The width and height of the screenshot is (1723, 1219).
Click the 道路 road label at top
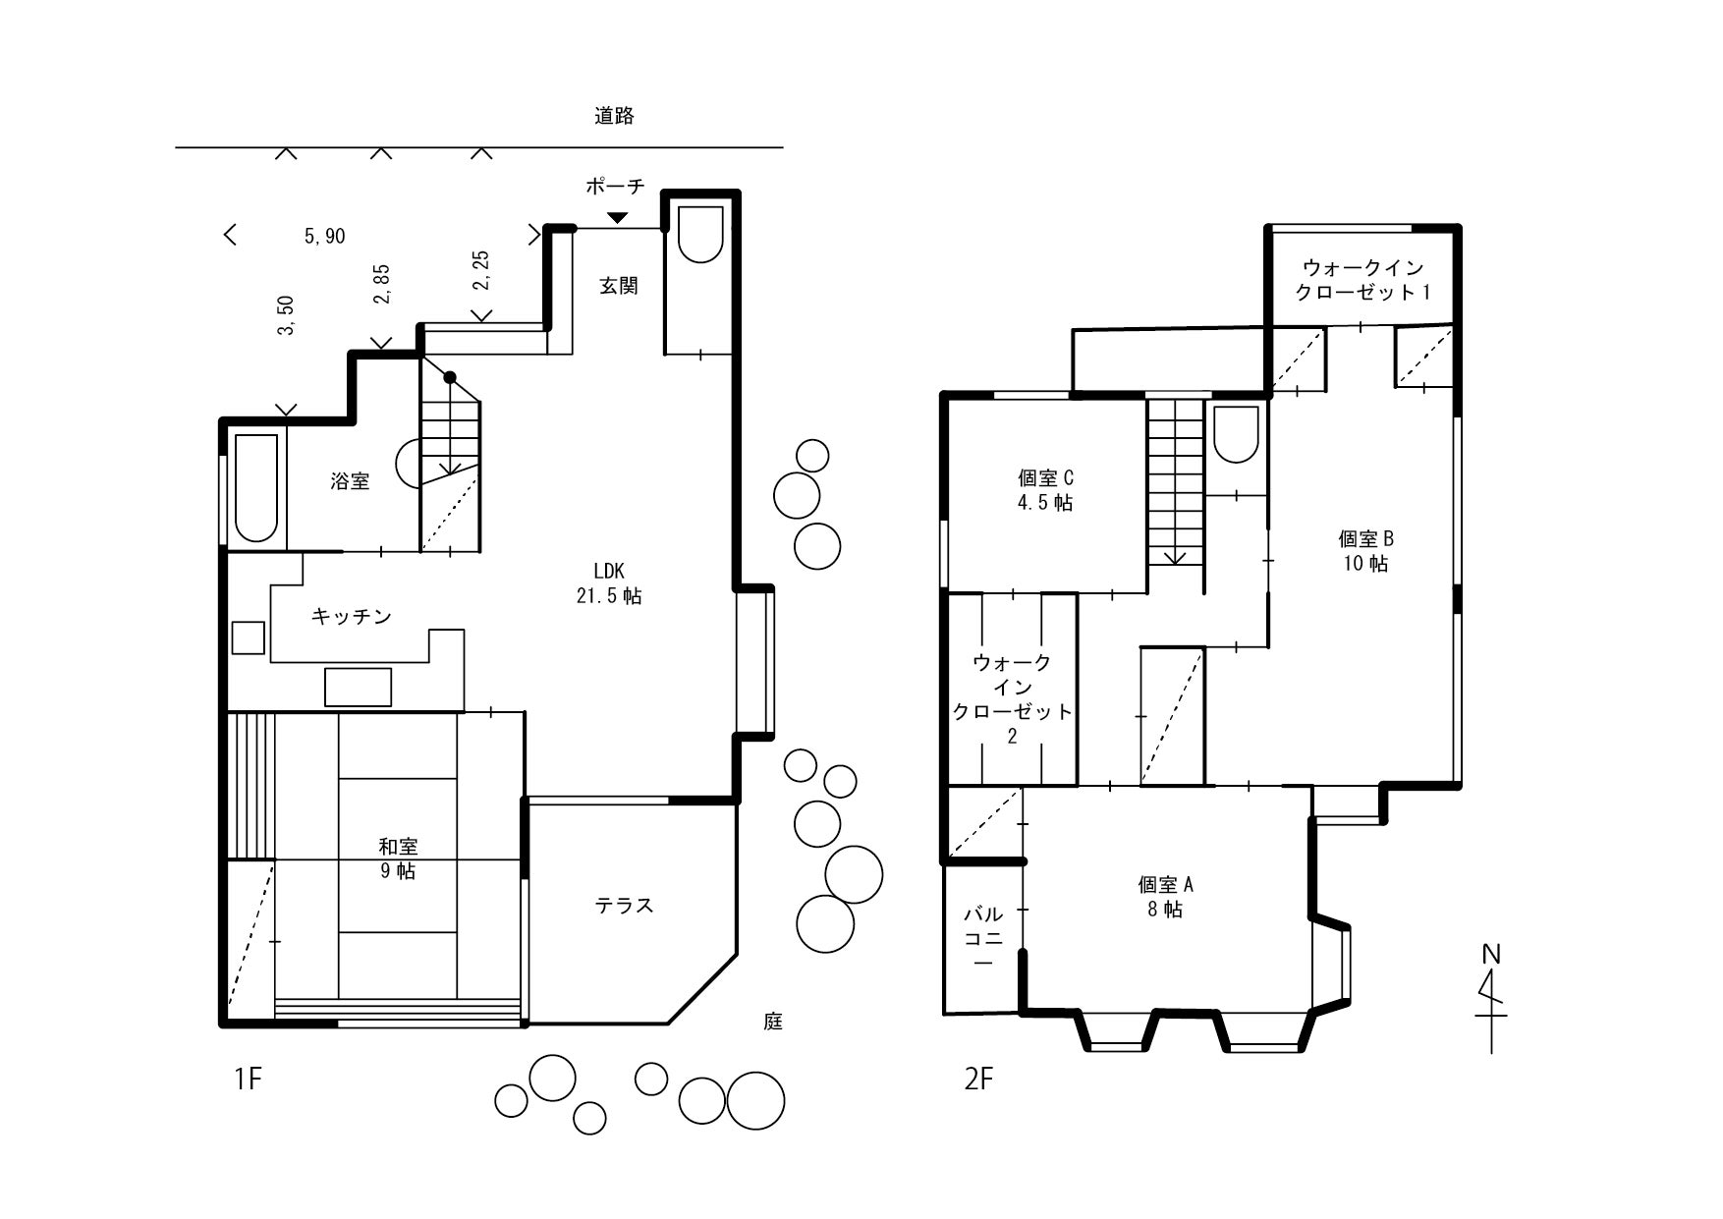(x=614, y=116)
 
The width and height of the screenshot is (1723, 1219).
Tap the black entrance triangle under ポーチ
(x=617, y=217)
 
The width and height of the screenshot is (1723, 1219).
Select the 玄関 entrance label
(x=619, y=286)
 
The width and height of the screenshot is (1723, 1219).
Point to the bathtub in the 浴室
(x=256, y=487)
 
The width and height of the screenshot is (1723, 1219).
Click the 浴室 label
(x=350, y=481)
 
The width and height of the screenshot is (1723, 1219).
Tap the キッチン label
(x=352, y=617)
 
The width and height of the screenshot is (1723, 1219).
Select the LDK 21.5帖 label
(x=609, y=583)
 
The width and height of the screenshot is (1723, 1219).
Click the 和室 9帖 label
(x=399, y=859)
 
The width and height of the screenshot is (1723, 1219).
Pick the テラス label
(x=625, y=906)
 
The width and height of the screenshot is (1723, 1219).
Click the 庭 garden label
(x=773, y=1022)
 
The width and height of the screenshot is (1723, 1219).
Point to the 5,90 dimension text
(x=325, y=237)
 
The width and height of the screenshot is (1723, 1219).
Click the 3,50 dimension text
(x=287, y=315)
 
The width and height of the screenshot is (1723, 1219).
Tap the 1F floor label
(x=249, y=1080)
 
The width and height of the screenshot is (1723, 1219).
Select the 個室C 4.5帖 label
(x=1045, y=490)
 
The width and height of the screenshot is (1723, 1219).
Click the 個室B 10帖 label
(x=1365, y=551)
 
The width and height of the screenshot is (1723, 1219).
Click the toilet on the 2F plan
(x=1236, y=434)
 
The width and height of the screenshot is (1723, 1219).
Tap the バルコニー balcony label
(x=983, y=939)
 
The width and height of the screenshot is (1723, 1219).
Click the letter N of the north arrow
(x=1491, y=955)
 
